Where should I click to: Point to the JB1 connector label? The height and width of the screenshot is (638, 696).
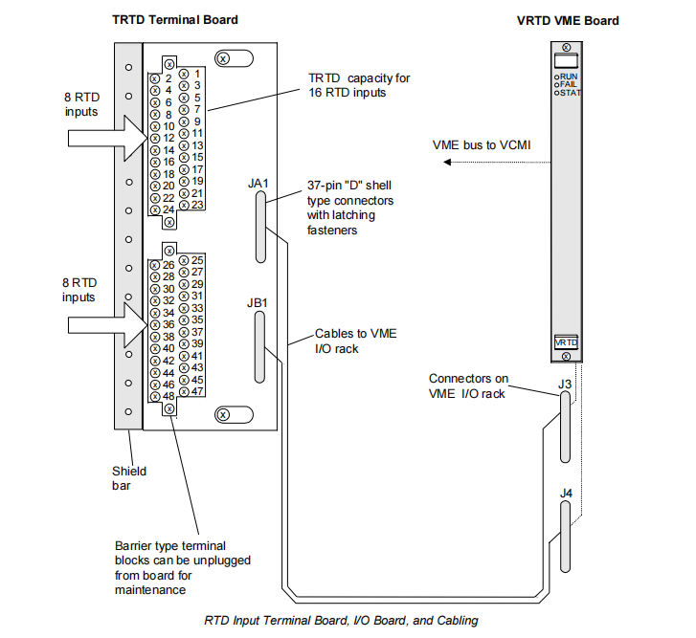(258, 304)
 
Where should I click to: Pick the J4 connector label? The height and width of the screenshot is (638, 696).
(567, 494)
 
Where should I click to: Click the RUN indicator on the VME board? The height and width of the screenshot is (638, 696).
(568, 75)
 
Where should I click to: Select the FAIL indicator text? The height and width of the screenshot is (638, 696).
(569, 84)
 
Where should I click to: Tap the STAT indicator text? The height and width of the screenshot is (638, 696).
(570, 93)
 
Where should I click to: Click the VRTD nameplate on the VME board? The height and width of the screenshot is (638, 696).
(567, 342)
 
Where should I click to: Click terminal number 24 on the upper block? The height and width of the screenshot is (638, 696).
(168, 209)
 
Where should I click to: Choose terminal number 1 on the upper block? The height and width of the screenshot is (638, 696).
(196, 74)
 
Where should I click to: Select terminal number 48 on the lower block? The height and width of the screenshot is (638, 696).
(168, 395)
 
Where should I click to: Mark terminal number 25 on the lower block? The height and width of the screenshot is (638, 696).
(196, 259)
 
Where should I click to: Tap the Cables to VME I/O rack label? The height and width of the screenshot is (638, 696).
(355, 341)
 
